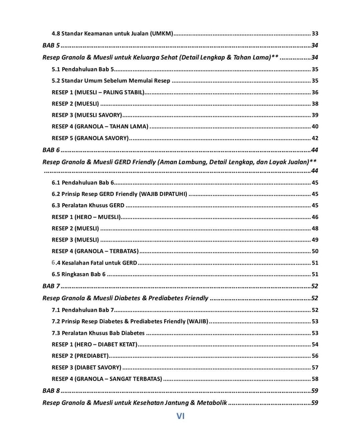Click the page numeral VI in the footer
[180, 416]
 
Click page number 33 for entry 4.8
[315, 33]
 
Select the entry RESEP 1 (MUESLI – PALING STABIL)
[98, 93]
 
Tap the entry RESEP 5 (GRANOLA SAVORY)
[90, 138]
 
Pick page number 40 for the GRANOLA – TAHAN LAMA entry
[315, 126]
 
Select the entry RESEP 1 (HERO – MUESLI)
[86, 217]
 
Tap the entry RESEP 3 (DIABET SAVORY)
[86, 367]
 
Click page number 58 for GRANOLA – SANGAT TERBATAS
[315, 379]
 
